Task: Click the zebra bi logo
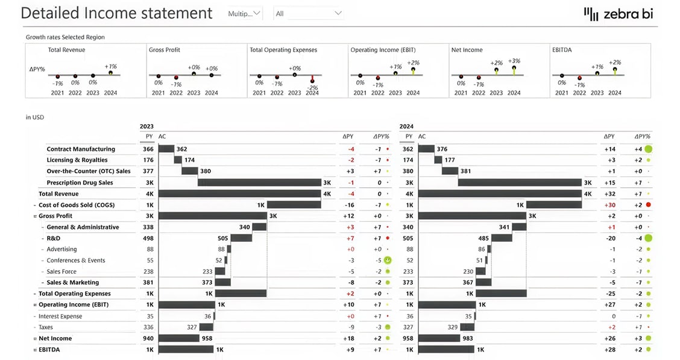click(619, 14)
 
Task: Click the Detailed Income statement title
click(116, 13)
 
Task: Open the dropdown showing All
click(308, 13)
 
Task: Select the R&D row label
click(53, 238)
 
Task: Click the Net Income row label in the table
click(55, 338)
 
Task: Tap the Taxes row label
click(46, 327)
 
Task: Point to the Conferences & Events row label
click(76, 261)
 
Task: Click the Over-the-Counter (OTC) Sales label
click(89, 171)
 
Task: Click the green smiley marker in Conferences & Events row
click(388, 261)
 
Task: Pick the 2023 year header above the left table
click(146, 127)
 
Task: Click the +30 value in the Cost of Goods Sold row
click(609, 205)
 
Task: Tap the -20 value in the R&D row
click(609, 238)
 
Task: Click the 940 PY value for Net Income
click(148, 338)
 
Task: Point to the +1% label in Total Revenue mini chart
click(110, 66)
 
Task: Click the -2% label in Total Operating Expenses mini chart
click(312, 88)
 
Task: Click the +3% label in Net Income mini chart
click(514, 61)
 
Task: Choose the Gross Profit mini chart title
click(165, 50)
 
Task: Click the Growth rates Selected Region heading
click(65, 37)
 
